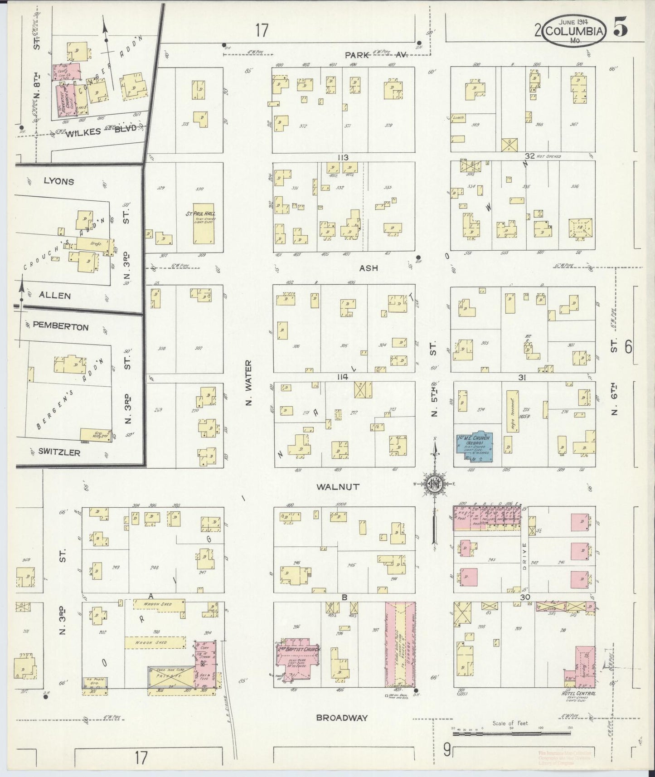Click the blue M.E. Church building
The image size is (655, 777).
[x=475, y=446]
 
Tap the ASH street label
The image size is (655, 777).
[x=369, y=268]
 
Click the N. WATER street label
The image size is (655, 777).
[x=248, y=383]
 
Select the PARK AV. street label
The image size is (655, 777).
[x=376, y=55]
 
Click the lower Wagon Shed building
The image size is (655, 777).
[x=155, y=642]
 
